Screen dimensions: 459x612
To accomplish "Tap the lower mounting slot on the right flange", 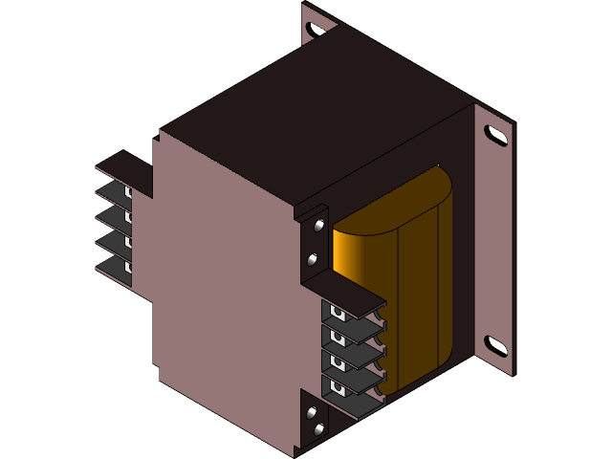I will tap(495, 345).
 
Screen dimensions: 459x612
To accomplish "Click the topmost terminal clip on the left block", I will tap(127, 192).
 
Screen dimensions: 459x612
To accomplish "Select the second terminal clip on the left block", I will tap(127, 215).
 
